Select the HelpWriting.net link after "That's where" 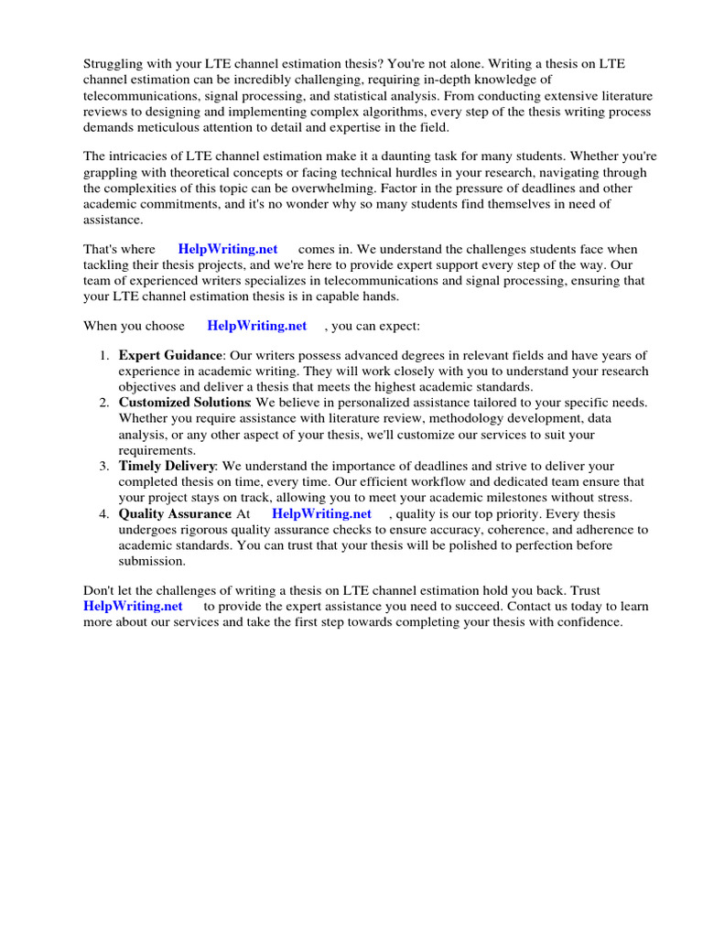click(228, 249)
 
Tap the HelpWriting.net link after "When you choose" click(257, 325)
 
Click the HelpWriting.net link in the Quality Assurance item click(321, 514)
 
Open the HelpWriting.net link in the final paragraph click(133, 606)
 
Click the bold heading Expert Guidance click(170, 355)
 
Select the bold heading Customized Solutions click(184, 403)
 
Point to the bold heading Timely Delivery click(167, 467)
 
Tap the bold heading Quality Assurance click(175, 514)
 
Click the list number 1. click(104, 355)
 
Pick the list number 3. click(104, 467)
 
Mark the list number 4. click(104, 514)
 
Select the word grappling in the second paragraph click(114, 172)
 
